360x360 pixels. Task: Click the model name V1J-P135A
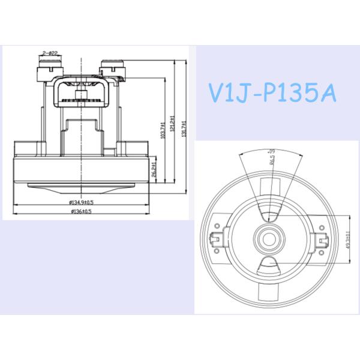tap(272, 93)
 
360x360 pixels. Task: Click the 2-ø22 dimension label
tap(50, 53)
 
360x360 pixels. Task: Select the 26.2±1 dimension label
tap(155, 170)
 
